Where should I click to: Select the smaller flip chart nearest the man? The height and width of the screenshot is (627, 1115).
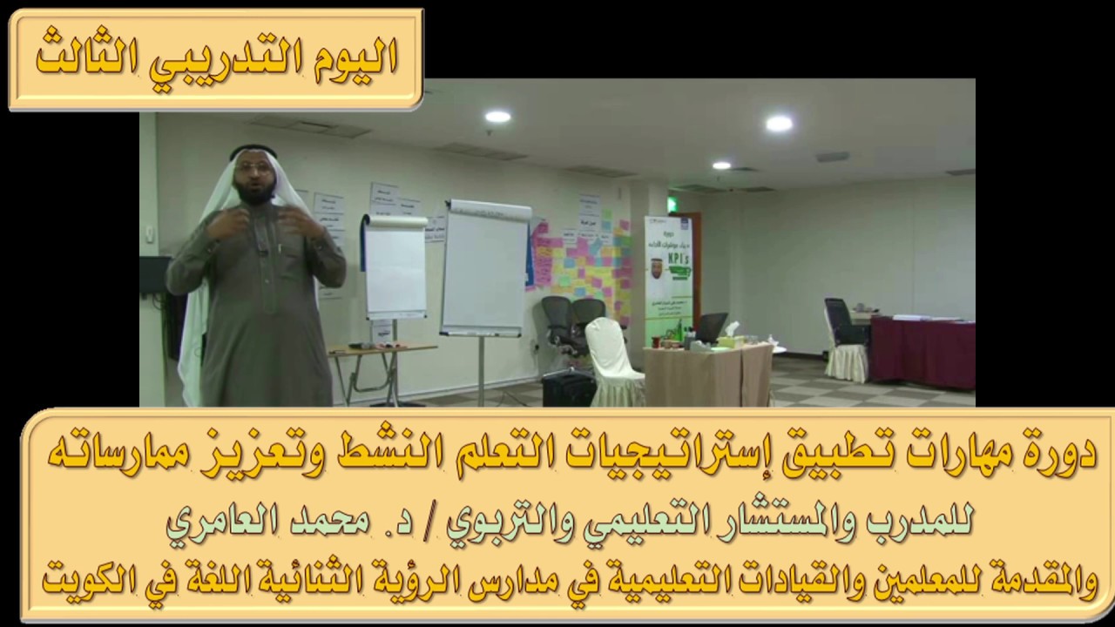(395, 266)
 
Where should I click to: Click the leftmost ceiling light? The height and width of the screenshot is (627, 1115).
(497, 117)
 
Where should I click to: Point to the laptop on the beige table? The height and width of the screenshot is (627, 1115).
(710, 328)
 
